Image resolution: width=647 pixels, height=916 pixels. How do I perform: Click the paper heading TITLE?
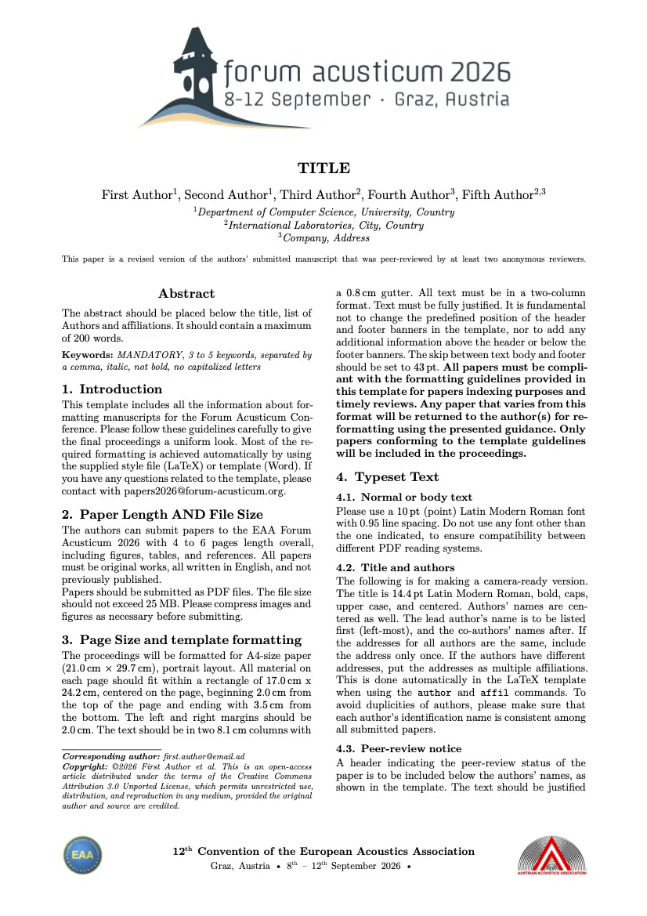click(x=323, y=168)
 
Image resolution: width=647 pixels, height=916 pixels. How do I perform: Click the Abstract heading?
click(x=186, y=294)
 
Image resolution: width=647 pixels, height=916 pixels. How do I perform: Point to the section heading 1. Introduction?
click(x=112, y=389)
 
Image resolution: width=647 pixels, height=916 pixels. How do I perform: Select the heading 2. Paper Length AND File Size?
click(x=162, y=515)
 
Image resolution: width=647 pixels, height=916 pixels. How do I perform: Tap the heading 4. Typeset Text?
click(x=387, y=477)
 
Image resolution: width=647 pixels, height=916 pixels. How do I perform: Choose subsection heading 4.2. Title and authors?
click(x=396, y=567)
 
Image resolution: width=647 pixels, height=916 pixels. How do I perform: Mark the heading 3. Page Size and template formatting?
click(x=181, y=640)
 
